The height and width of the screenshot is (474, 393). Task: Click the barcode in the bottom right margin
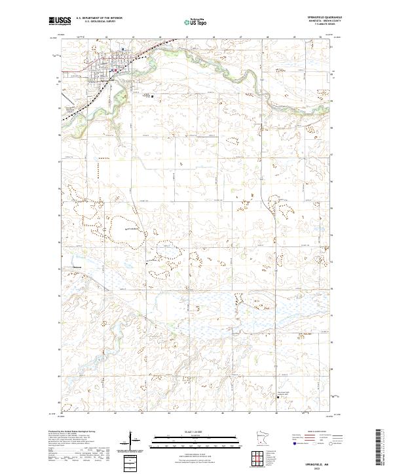pyautogui.click(x=379, y=448)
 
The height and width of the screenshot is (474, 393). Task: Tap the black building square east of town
pyautogui.click(x=153, y=95)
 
